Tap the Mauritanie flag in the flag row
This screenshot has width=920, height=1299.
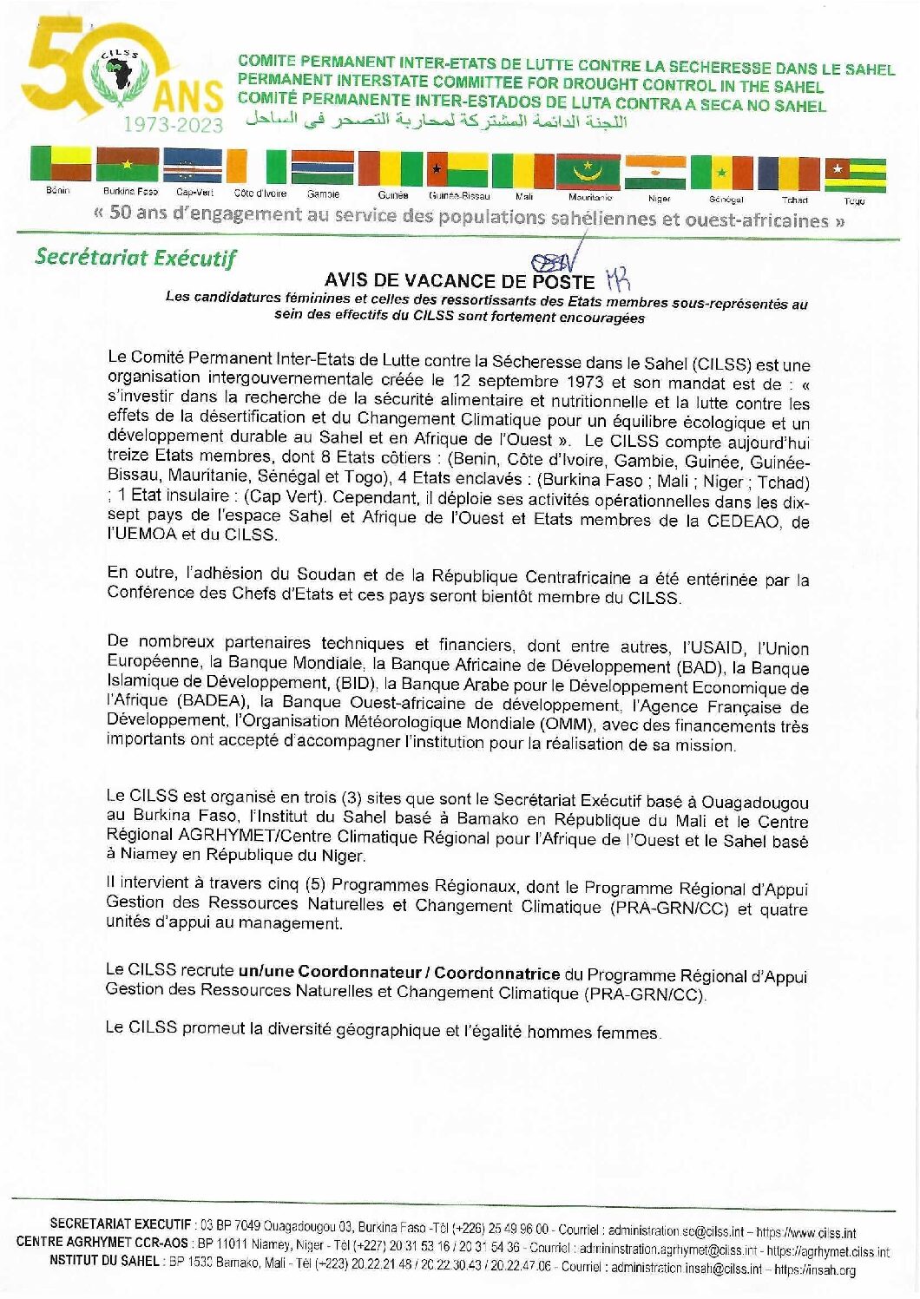588,171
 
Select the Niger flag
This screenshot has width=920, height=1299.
655,172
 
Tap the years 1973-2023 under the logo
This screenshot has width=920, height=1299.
173,125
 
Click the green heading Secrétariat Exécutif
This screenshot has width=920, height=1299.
135,258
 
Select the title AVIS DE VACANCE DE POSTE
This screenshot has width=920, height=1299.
459,281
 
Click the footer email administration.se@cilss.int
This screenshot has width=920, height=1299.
676,1230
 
